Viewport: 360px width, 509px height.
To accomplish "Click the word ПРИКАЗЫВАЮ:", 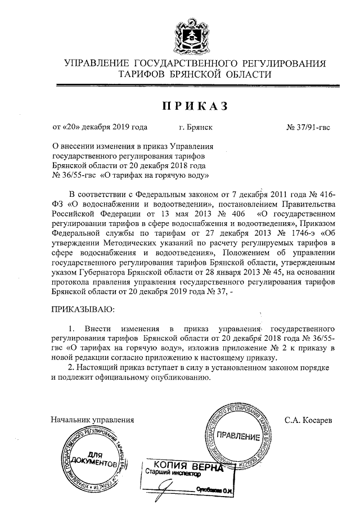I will coord(83,309).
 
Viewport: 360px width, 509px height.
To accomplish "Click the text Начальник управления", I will coord(92,420).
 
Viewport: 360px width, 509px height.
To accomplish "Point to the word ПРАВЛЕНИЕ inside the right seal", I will coord(238,436).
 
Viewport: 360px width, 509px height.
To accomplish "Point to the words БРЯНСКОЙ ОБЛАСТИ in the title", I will coord(226,74).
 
